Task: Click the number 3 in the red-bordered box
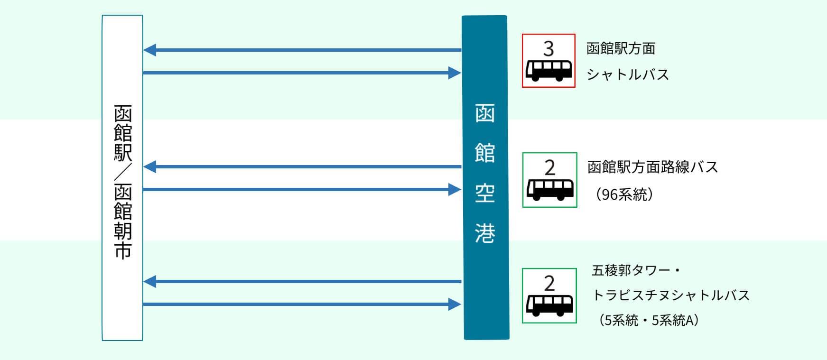click(x=548, y=48)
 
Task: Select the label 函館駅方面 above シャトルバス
click(x=621, y=48)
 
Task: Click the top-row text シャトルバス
click(x=628, y=74)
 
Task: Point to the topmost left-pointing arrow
click(x=302, y=50)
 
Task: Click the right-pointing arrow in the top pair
click(x=302, y=73)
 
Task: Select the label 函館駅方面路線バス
click(x=653, y=167)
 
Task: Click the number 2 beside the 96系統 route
click(x=549, y=167)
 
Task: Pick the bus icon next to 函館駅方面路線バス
click(x=550, y=189)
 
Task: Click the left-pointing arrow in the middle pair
click(x=302, y=166)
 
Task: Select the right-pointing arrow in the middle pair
click(x=302, y=190)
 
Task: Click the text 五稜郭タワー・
click(x=636, y=270)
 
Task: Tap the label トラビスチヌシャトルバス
click(x=671, y=295)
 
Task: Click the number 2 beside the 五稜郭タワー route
click(x=549, y=284)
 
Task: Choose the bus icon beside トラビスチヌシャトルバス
click(x=549, y=305)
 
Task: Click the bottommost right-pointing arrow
click(x=302, y=305)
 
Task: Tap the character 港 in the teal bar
click(x=485, y=233)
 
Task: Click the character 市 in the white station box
click(x=122, y=250)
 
